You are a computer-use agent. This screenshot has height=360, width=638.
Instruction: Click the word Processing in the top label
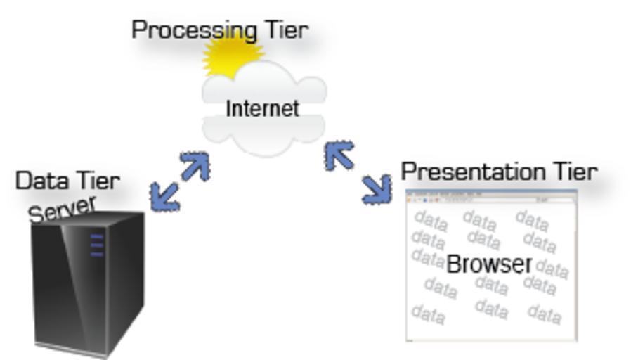pos(184,30)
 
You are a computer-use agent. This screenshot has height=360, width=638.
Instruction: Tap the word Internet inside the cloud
pos(262,108)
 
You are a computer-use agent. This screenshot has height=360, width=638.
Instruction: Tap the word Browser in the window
pos(489,264)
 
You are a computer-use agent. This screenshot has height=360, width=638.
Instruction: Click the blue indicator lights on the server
pos(97,245)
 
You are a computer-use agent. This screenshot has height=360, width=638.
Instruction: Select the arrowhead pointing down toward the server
pos(163,199)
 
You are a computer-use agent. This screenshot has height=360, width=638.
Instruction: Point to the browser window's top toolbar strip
pos(491,198)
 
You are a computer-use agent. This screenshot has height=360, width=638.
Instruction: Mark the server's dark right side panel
pos(126,281)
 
